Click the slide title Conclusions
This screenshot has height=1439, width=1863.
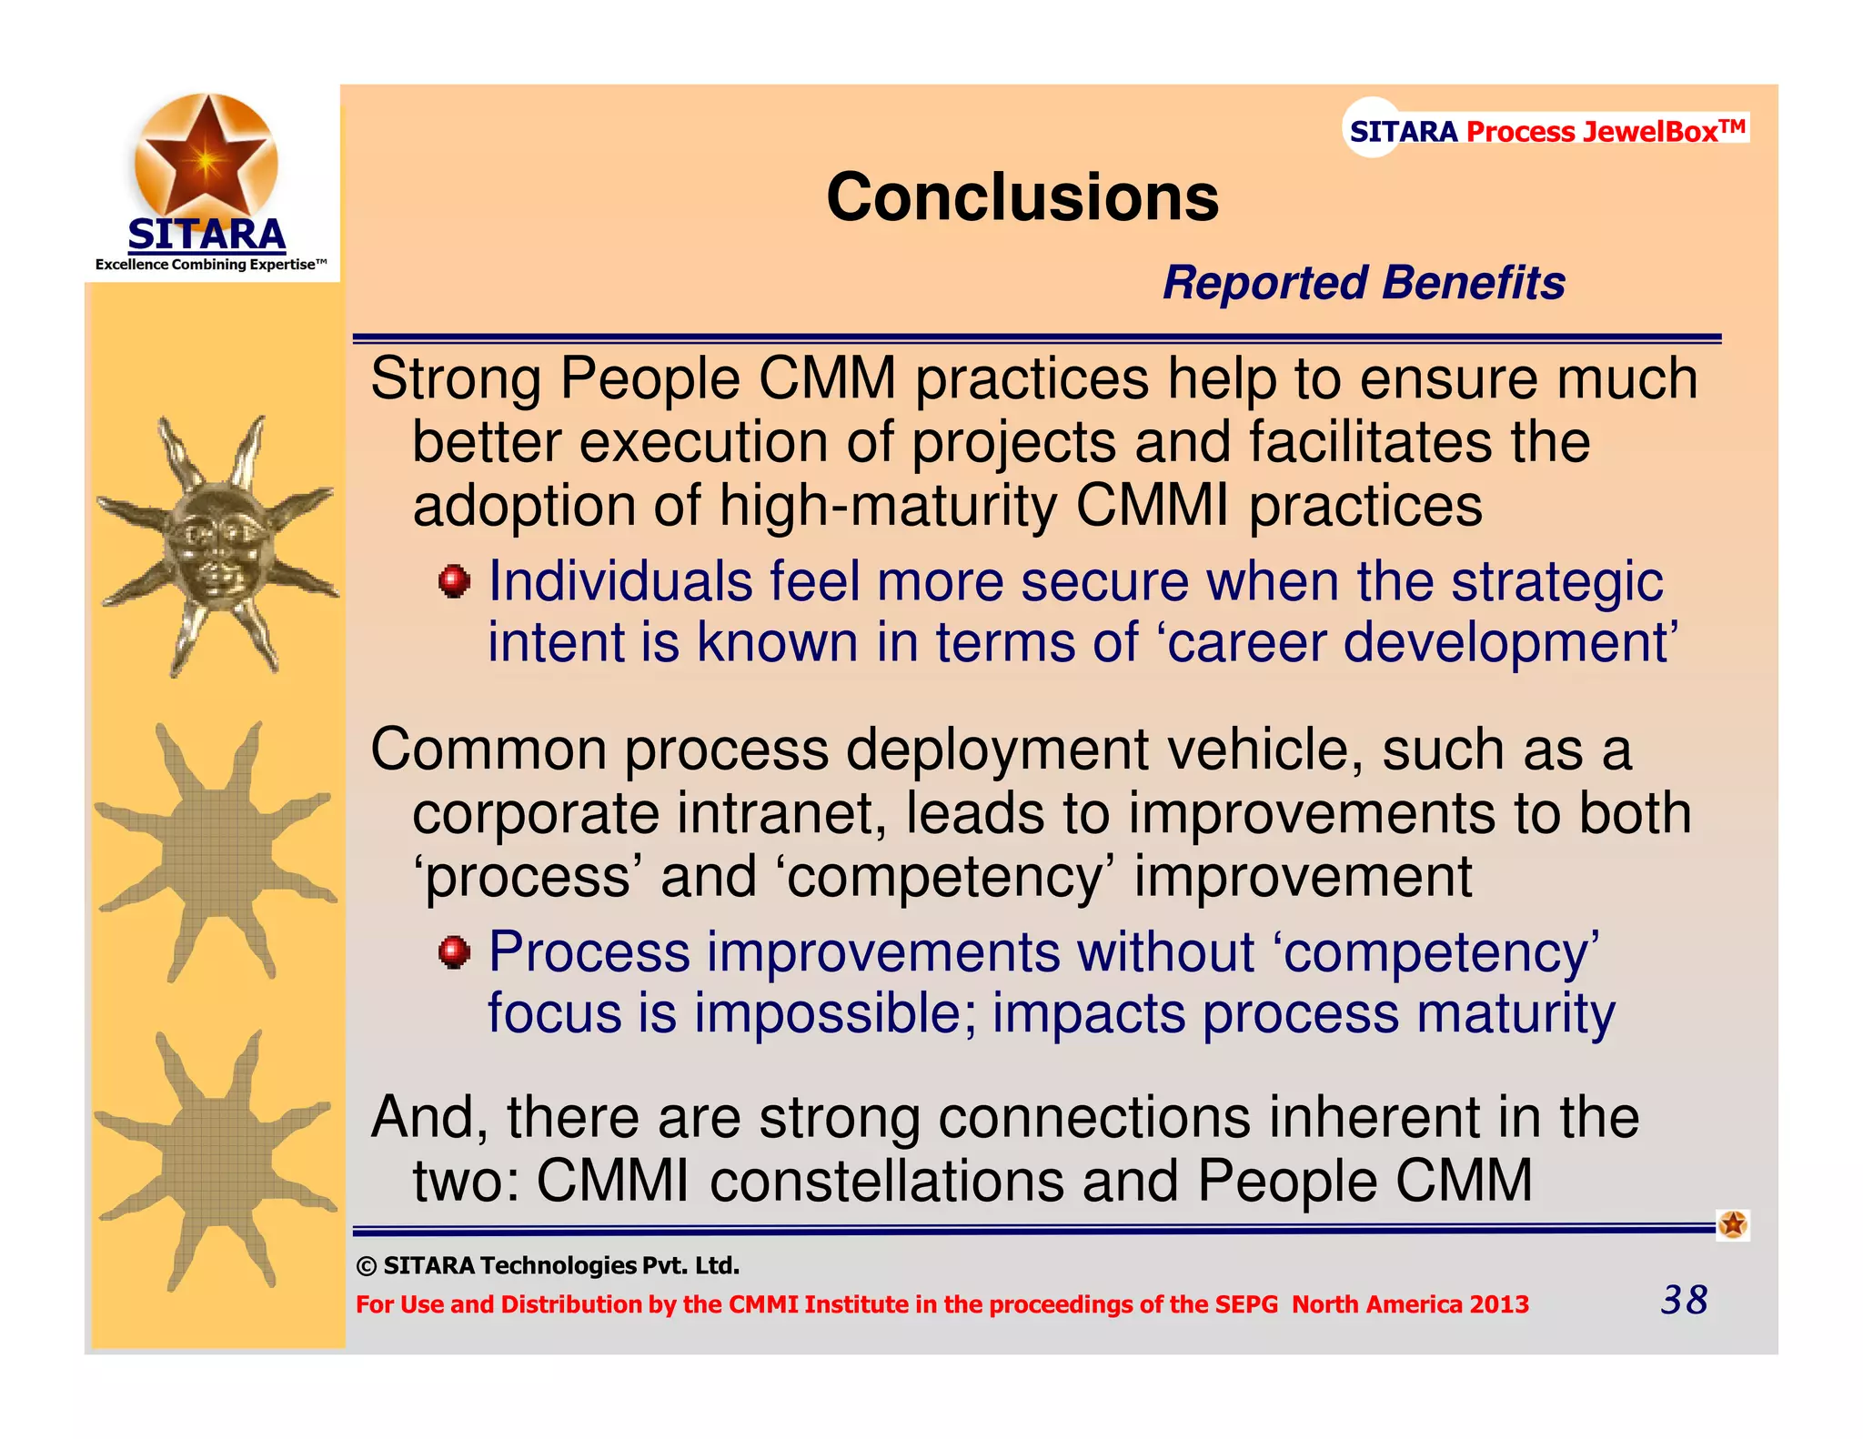pyautogui.click(x=1022, y=197)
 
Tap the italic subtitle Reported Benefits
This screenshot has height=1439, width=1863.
pyautogui.click(x=1363, y=282)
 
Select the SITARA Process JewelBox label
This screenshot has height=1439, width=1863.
pyautogui.click(x=1546, y=131)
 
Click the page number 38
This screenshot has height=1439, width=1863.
pyautogui.click(x=1684, y=1300)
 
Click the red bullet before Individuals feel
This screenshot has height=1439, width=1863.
pyautogui.click(x=454, y=581)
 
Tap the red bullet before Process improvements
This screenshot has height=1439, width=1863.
pyautogui.click(x=454, y=952)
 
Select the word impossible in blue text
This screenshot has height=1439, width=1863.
pyautogui.click(x=834, y=1013)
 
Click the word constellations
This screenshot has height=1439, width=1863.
pyautogui.click(x=886, y=1182)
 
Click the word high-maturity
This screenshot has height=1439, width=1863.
pyautogui.click(x=888, y=506)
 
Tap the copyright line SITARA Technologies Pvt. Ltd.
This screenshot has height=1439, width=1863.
pyautogui.click(x=549, y=1265)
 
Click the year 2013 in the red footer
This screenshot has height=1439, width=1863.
pyautogui.click(x=1499, y=1304)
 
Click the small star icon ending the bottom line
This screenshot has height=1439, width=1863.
pyautogui.click(x=1732, y=1225)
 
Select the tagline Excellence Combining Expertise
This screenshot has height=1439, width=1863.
pyautogui.click(x=210, y=265)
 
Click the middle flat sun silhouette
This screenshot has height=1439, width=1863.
pyautogui.click(x=216, y=853)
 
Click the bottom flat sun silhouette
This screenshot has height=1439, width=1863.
pyautogui.click(x=216, y=1162)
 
